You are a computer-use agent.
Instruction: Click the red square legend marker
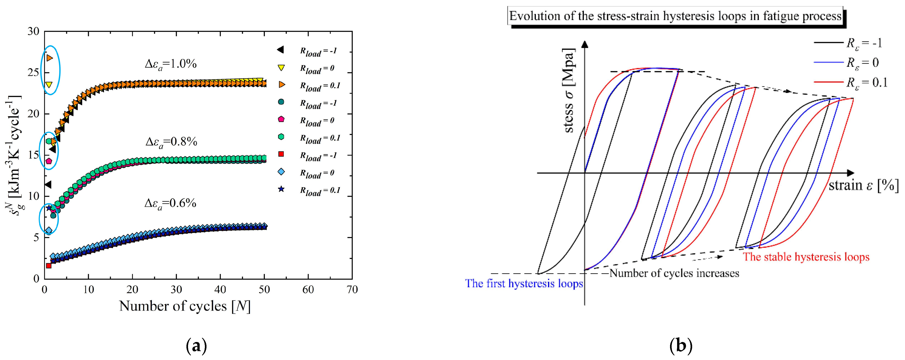coord(281,154)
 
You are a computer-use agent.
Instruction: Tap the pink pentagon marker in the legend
coord(281,119)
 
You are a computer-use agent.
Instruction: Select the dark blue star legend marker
coord(281,190)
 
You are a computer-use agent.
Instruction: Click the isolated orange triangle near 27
coord(49,58)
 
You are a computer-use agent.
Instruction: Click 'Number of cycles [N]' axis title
coord(185,306)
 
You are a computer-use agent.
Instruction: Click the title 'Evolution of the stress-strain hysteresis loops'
coord(675,16)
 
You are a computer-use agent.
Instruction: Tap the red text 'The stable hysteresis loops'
coord(806,257)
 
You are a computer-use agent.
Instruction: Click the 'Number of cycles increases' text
coord(674,273)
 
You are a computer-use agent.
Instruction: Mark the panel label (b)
coord(681,346)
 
